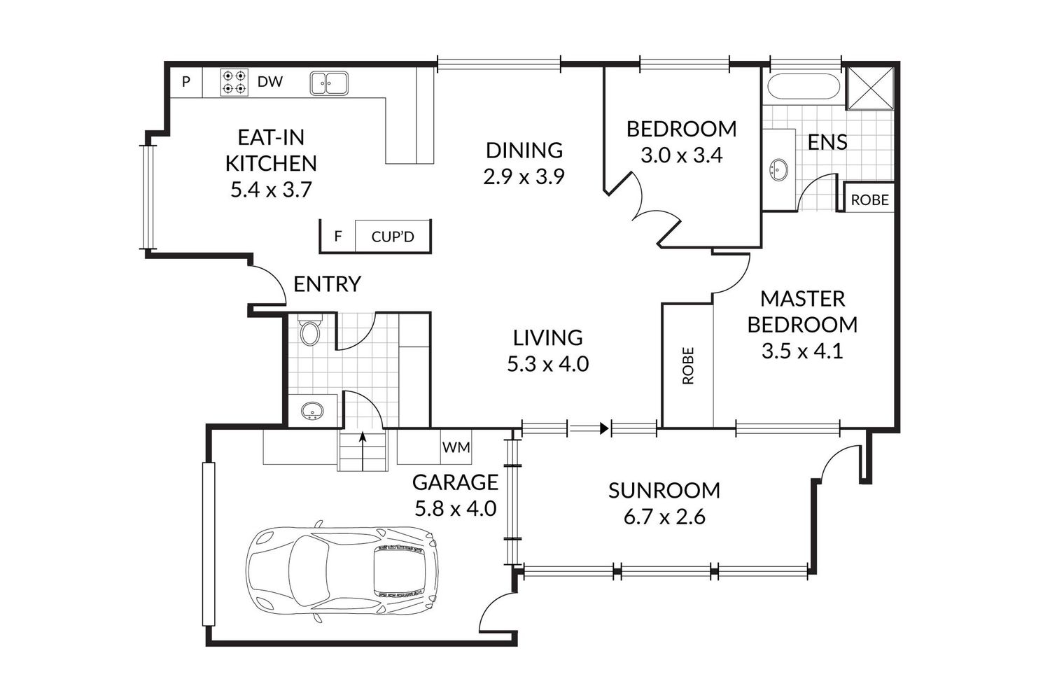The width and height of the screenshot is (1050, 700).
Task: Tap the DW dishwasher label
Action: tap(270, 82)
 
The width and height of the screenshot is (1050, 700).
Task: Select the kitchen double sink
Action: tap(328, 83)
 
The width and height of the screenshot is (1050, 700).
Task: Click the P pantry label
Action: tap(186, 82)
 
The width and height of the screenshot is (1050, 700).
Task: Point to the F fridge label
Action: tap(337, 237)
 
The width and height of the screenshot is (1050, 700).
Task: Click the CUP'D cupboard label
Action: tap(393, 237)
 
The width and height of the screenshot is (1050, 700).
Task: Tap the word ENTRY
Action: tap(327, 284)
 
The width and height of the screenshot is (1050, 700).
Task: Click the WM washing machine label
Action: tap(456, 447)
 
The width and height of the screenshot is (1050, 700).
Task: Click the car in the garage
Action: tap(342, 572)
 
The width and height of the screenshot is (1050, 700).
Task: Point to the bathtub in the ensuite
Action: tap(803, 86)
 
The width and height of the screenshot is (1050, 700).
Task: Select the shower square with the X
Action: tap(869, 89)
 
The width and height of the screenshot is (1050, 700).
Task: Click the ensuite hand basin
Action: tap(778, 169)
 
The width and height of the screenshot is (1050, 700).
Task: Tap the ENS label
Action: tap(827, 142)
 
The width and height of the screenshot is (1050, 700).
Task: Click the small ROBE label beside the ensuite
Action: tap(869, 200)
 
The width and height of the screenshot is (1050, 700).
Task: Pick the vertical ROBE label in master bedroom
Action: tap(687, 365)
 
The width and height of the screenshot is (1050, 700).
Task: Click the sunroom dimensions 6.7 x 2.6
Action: tap(664, 517)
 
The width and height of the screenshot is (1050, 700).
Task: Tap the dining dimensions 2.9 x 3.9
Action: tap(524, 177)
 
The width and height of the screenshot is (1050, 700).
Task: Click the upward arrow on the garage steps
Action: tap(362, 451)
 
